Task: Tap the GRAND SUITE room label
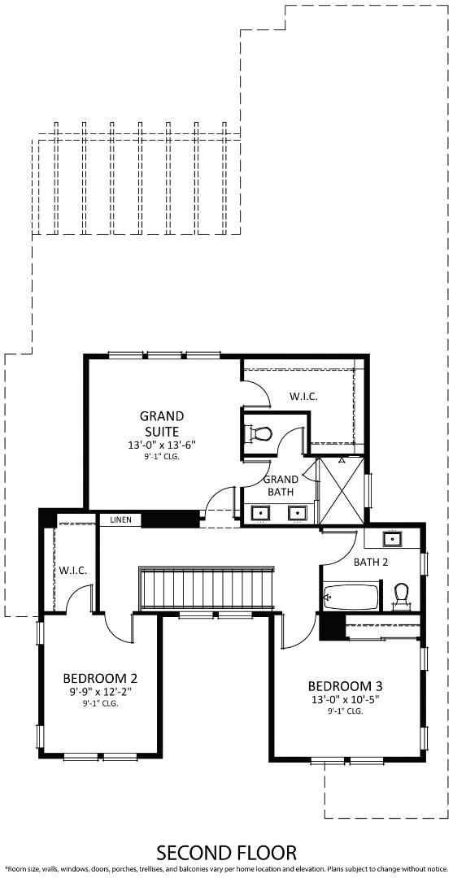click(161, 424)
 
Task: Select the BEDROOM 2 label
click(100, 678)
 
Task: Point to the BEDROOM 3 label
click(345, 685)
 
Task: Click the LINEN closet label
click(120, 519)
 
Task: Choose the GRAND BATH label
click(282, 485)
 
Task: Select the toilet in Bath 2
click(400, 596)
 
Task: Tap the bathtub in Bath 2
click(351, 598)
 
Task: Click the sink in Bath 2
click(392, 539)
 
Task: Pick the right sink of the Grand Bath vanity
click(298, 513)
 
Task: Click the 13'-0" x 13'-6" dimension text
click(162, 445)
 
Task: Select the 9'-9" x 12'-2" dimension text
click(100, 692)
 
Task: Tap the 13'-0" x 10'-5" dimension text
click(345, 698)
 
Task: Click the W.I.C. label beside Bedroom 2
click(73, 570)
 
